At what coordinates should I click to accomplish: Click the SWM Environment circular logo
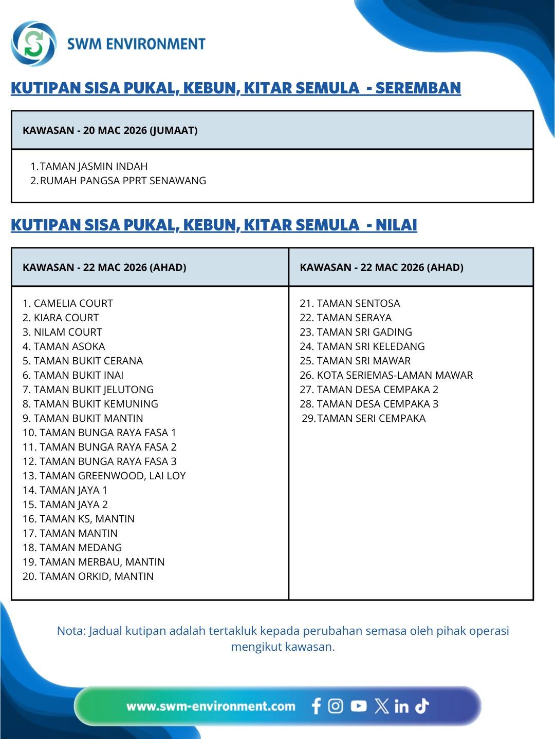point(33,44)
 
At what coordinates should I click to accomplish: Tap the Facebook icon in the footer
point(316,706)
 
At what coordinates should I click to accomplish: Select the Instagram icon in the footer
point(336,706)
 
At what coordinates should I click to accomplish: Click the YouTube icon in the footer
point(359,706)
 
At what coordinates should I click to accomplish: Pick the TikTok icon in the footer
point(422,706)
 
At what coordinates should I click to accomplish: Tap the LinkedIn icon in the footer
point(401,707)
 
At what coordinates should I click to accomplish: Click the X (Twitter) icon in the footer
point(381,706)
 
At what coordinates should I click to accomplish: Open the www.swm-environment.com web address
point(211,706)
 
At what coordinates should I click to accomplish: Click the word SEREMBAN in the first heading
point(418,88)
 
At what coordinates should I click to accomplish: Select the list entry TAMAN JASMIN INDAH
point(94,166)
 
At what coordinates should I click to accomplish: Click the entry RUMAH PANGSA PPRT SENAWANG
point(123,181)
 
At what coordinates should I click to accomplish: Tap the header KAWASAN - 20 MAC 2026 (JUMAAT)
point(110,130)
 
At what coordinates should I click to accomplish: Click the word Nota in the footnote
point(70,631)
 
